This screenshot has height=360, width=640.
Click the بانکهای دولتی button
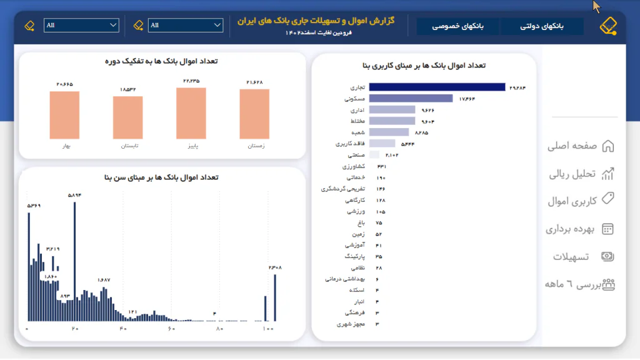[x=542, y=26]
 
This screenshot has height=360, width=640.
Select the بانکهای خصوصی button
[x=458, y=26]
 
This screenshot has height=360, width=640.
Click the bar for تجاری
[x=437, y=87]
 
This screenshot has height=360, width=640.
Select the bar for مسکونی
[x=411, y=99]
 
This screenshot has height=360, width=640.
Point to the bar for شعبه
[x=389, y=132]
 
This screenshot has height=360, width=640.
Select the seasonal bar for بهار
[x=64, y=115]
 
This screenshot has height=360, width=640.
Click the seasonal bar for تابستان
[x=127, y=117]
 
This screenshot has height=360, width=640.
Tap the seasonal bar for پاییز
[x=191, y=113]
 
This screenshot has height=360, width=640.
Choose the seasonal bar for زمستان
[x=254, y=114]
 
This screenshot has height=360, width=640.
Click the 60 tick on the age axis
[x=171, y=329]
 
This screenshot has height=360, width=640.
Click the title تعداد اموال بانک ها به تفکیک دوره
[x=162, y=61]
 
